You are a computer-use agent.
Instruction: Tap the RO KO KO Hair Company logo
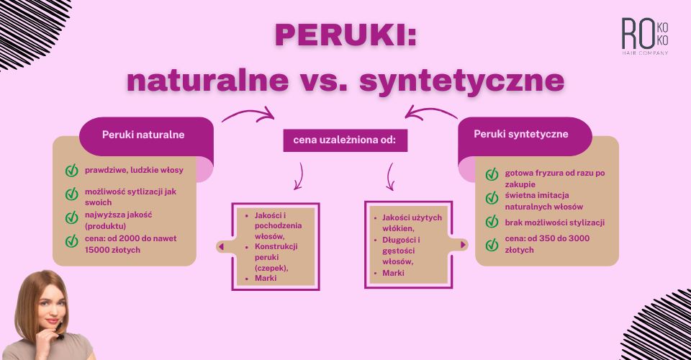click(x=645, y=37)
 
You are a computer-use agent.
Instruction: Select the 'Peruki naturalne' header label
click(x=143, y=134)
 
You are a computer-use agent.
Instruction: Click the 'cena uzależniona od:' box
click(x=345, y=140)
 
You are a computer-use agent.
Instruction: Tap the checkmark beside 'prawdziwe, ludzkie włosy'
click(x=72, y=171)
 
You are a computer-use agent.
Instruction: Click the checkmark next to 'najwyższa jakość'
click(x=72, y=217)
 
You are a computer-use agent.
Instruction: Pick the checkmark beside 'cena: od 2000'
click(x=72, y=241)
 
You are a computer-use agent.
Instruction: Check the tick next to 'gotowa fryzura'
click(x=492, y=174)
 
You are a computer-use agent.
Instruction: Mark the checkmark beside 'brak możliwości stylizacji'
click(x=492, y=222)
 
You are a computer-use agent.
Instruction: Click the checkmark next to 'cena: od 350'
click(x=492, y=245)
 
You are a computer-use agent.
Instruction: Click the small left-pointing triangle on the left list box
click(x=221, y=246)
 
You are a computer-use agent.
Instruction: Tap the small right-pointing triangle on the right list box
click(x=464, y=245)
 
